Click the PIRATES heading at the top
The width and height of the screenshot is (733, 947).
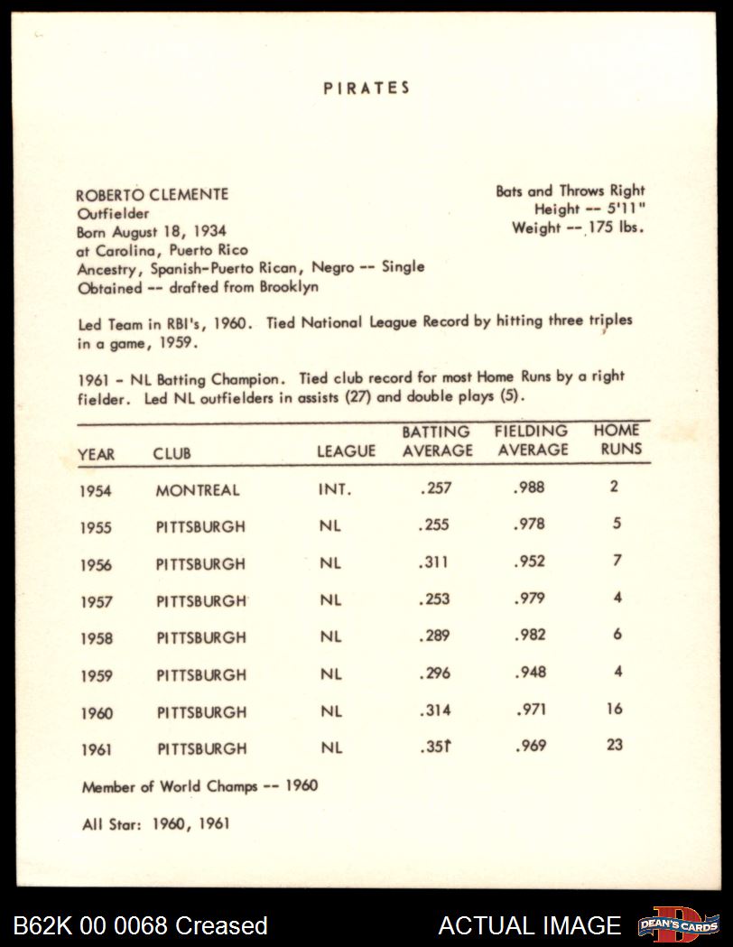pyautogui.click(x=366, y=88)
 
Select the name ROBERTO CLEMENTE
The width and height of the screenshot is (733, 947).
pyautogui.click(x=152, y=194)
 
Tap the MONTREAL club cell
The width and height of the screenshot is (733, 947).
pyautogui.click(x=198, y=490)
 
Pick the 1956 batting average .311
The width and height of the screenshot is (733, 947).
pyautogui.click(x=434, y=562)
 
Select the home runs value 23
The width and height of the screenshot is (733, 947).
pyautogui.click(x=615, y=746)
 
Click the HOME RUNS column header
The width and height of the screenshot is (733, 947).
pyautogui.click(x=617, y=440)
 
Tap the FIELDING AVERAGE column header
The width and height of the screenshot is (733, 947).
pyautogui.click(x=531, y=441)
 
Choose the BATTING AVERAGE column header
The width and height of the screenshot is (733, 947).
pyautogui.click(x=437, y=441)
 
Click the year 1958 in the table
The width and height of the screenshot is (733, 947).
pyautogui.click(x=96, y=638)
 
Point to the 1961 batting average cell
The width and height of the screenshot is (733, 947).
pyautogui.click(x=435, y=747)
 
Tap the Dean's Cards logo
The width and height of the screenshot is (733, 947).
pyautogui.click(x=678, y=924)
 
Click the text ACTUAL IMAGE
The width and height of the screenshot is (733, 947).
pyautogui.click(x=530, y=925)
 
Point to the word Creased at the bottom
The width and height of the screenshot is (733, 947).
pyautogui.click(x=221, y=925)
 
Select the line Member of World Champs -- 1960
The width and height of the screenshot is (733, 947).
pyautogui.click(x=199, y=785)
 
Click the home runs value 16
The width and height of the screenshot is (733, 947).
pyautogui.click(x=615, y=709)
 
